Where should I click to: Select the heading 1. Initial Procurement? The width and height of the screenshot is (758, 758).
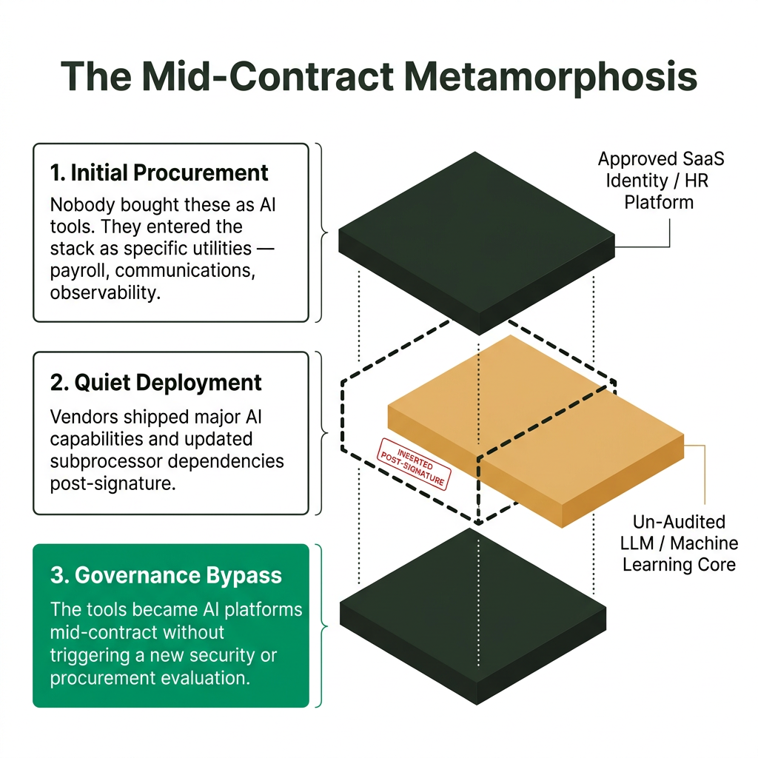pyautogui.click(x=159, y=173)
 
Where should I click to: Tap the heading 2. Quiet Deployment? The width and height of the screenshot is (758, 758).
pyautogui.click(x=156, y=383)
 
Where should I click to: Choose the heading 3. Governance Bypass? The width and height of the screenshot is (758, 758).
pyautogui.click(x=166, y=575)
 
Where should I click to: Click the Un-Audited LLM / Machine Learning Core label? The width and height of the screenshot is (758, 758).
pyautogui.click(x=680, y=543)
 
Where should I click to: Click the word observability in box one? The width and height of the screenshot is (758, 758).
pyautogui.click(x=104, y=292)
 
